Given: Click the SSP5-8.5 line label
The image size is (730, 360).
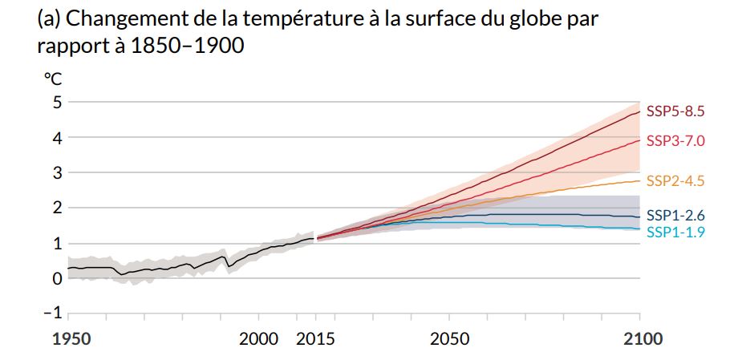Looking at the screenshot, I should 675,111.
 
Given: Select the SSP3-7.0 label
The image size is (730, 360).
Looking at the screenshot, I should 675,141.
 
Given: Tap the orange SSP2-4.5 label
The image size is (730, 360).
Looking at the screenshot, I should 675,181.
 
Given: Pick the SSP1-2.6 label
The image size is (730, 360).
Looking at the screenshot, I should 675,216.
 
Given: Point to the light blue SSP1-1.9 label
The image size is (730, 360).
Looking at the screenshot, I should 675,233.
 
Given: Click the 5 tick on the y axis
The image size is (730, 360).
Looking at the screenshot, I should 57,102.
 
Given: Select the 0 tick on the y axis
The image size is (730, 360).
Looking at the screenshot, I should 57,278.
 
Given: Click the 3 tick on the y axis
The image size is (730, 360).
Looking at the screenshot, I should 57,172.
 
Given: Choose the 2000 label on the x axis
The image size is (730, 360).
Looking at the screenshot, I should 258,339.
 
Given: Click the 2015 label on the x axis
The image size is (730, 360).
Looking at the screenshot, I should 315,339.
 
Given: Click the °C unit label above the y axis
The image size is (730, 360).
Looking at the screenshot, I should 53,79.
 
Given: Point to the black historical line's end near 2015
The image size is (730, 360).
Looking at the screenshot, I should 313,238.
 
